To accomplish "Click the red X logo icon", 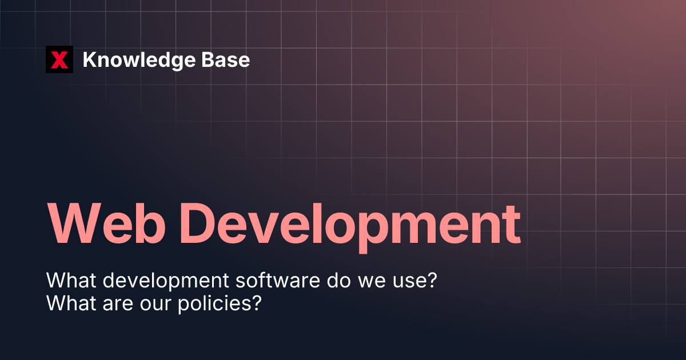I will (x=59, y=59).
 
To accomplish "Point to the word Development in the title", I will (x=354, y=223).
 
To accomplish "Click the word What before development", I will (x=67, y=281).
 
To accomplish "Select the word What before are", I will (x=67, y=302).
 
